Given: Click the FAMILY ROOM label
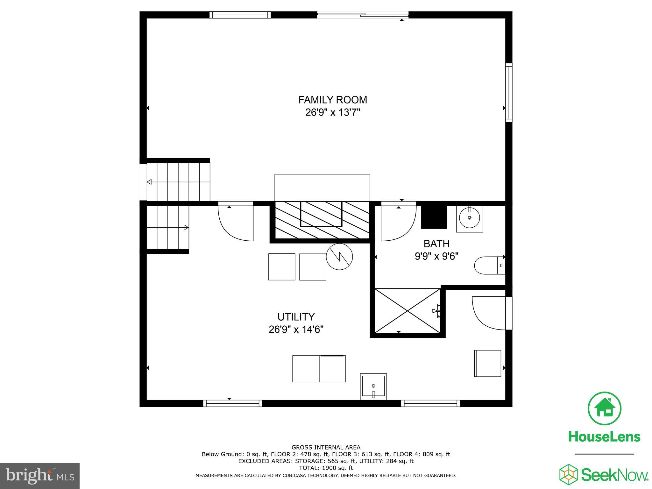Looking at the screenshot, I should click(333, 100).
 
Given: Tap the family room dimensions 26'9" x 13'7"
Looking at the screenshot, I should click(333, 113).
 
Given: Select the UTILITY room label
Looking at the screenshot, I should click(296, 317).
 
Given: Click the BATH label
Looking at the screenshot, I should click(436, 244).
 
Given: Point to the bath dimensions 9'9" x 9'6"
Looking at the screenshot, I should click(436, 256).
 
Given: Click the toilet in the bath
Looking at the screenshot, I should click(489, 265).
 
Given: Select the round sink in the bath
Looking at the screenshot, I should click(470, 218).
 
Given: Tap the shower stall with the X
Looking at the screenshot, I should click(407, 311).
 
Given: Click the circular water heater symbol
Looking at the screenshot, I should click(339, 257).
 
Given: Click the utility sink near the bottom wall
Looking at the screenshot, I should click(373, 386).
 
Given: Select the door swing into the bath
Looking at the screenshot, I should click(398, 223).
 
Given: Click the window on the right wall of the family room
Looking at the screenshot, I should click(509, 93).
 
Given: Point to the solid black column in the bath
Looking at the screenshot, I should click(434, 216).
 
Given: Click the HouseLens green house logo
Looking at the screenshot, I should click(604, 408).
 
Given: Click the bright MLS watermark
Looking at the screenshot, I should click(40, 476).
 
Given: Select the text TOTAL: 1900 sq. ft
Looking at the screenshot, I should click(326, 468).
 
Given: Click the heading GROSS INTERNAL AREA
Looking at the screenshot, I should click(326, 447).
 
